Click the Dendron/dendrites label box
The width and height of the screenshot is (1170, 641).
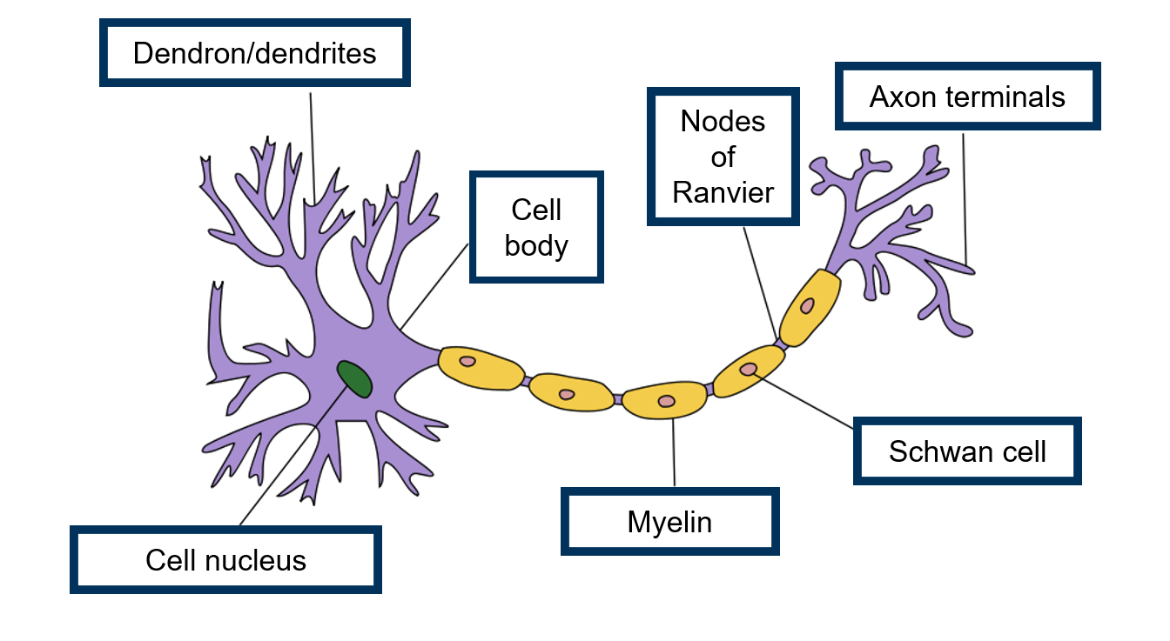click(x=254, y=54)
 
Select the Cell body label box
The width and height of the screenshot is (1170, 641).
click(x=536, y=227)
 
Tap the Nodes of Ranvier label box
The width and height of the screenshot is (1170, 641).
click(x=723, y=157)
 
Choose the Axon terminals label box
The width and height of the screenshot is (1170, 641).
click(x=967, y=97)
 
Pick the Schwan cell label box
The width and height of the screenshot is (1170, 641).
click(x=967, y=451)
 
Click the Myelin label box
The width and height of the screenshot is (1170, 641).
click(x=669, y=522)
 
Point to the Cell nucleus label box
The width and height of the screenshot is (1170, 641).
click(x=225, y=560)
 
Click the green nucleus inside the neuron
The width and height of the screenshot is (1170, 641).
click(x=355, y=379)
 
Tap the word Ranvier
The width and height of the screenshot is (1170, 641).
click(x=723, y=192)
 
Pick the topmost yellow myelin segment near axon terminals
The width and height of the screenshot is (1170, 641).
click(x=810, y=306)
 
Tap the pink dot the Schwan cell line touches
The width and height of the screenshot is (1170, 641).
click(x=748, y=369)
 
